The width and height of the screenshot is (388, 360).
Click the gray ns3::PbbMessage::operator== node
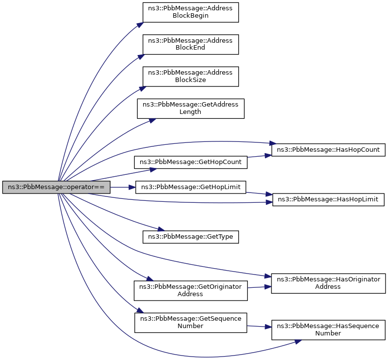(56, 187)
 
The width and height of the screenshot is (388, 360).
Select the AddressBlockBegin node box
(190, 12)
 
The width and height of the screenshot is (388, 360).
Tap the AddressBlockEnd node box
(190, 44)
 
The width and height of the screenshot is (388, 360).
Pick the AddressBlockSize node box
(190, 76)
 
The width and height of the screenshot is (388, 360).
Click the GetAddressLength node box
(190, 108)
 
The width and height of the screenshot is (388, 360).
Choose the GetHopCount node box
(190, 162)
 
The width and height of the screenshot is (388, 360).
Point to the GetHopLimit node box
(190, 187)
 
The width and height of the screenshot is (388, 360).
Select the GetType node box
(190, 237)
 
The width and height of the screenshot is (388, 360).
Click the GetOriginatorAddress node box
(190, 290)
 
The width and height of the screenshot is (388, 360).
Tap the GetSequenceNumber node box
(190, 322)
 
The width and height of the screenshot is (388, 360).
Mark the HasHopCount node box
(328, 150)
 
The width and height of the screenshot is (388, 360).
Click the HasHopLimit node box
(328, 199)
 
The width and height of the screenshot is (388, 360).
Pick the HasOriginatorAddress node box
(328, 283)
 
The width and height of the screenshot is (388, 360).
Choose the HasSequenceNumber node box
(328, 330)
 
